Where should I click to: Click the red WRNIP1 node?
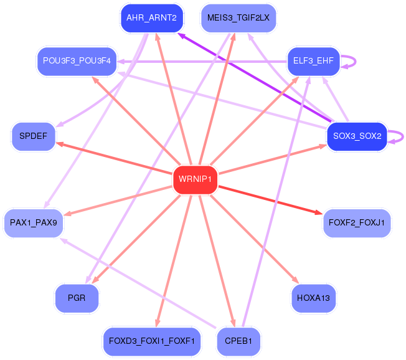click(x=196, y=179)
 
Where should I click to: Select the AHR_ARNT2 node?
click(x=151, y=18)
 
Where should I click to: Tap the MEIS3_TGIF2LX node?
click(x=238, y=18)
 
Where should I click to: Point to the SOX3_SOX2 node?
click(x=357, y=136)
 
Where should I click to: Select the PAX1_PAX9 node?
click(x=34, y=222)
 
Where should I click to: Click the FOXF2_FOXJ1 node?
click(x=357, y=222)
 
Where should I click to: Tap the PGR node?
click(x=77, y=298)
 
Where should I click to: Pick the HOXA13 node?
click(x=314, y=298)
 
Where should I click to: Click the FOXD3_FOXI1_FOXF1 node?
click(x=151, y=341)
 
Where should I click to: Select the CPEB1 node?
click(x=238, y=341)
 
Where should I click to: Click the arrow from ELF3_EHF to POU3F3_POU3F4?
click(x=205, y=61)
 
